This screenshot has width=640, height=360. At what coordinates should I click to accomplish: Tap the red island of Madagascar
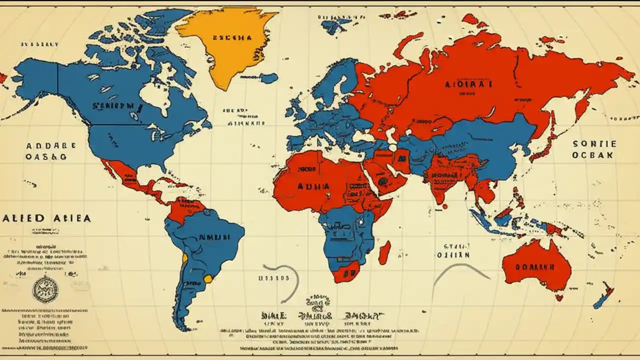384,252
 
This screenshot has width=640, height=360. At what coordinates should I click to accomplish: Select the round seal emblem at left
45,289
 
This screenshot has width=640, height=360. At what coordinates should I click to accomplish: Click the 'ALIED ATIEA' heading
46,218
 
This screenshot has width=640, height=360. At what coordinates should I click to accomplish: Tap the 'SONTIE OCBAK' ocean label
594,149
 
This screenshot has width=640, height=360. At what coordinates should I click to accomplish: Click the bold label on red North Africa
313,185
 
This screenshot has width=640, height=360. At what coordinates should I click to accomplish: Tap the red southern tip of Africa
346,272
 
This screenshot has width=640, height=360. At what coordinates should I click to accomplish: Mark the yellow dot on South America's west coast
185,257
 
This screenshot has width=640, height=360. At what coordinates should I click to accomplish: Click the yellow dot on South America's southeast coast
207,278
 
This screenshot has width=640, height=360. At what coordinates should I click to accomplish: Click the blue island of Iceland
268,78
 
